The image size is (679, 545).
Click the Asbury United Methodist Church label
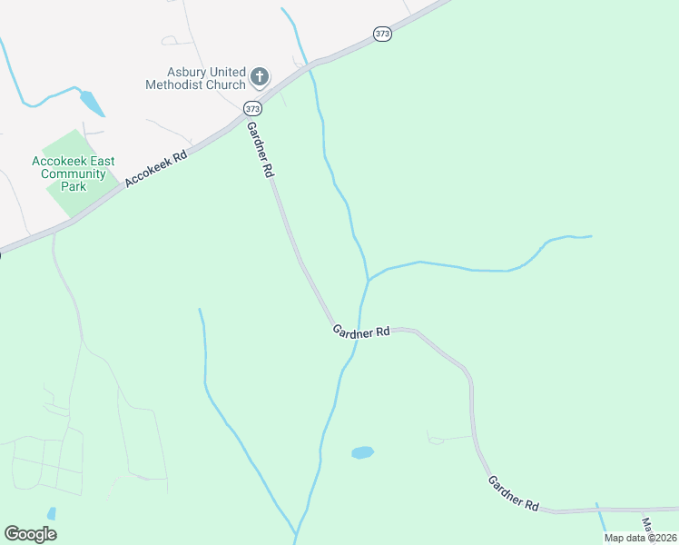[195, 78]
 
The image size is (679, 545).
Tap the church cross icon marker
[260, 77]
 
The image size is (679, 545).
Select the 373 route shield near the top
[382, 34]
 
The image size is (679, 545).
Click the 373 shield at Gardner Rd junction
[252, 108]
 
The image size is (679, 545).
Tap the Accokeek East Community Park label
[73, 173]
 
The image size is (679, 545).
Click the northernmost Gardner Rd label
[260, 149]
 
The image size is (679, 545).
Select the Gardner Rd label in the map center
[360, 332]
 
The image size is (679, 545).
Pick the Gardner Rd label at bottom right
[513, 493]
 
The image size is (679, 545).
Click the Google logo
[30, 534]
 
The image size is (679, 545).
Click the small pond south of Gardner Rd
[362, 452]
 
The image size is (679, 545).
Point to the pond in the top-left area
[92, 103]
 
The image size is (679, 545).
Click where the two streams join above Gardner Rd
[368, 280]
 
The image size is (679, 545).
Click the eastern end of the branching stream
[590, 237]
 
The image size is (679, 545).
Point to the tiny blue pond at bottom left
[52, 513]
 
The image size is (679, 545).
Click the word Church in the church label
[224, 84]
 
